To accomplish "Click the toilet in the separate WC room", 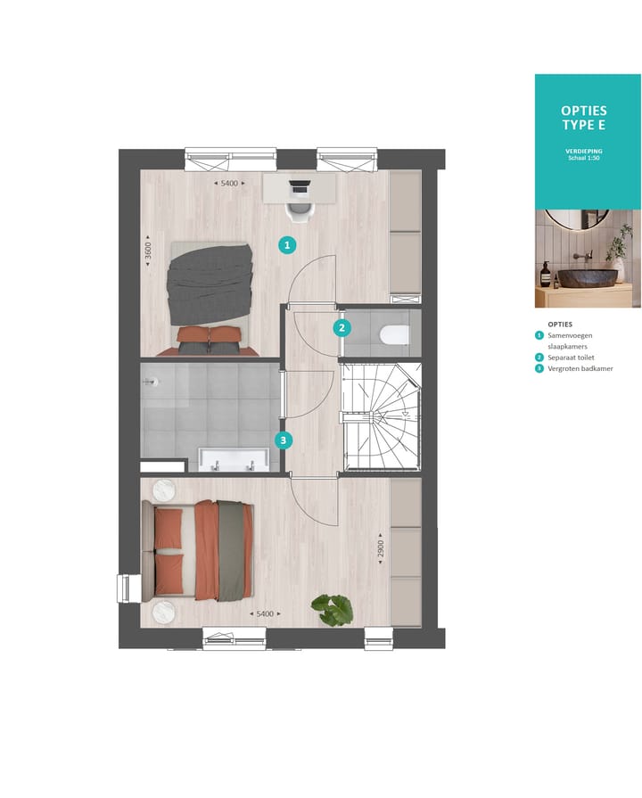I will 392,335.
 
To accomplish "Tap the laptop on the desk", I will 300,188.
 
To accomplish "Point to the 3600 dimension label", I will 149,251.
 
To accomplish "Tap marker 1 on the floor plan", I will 286,243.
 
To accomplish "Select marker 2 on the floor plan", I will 342,327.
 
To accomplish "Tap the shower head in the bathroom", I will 152,382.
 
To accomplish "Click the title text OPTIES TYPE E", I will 584,117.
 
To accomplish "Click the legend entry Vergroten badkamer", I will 580,368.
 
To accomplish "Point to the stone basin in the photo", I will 588,277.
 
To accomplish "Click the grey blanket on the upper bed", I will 213,284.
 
